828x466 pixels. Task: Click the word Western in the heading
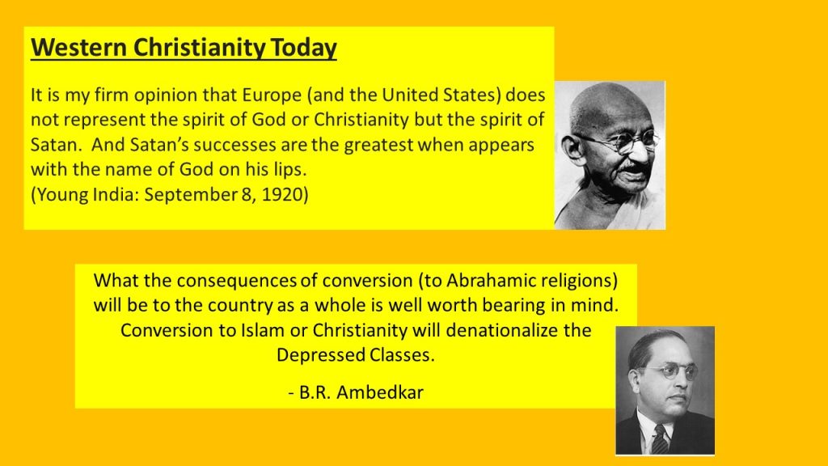78,47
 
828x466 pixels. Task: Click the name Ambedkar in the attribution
380,392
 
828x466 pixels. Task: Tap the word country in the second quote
244,305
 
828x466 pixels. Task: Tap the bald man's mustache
634,168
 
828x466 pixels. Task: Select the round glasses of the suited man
670,372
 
